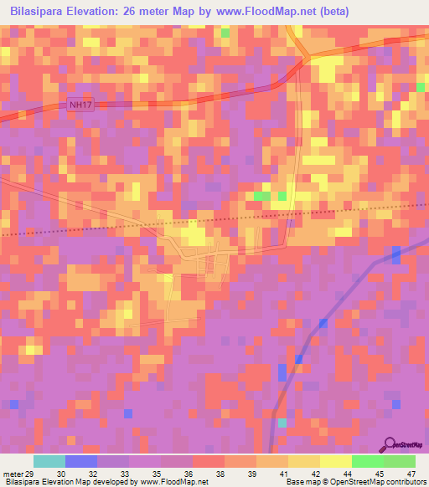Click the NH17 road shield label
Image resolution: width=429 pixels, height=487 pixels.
(x=79, y=104)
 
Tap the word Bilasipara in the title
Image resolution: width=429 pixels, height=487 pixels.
(x=41, y=12)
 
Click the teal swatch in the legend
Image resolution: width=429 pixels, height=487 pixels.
(x=49, y=461)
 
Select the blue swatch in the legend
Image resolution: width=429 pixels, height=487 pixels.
(x=81, y=461)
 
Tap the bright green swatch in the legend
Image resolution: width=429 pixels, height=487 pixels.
(x=368, y=461)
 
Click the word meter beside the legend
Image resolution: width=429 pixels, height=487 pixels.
(x=13, y=474)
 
